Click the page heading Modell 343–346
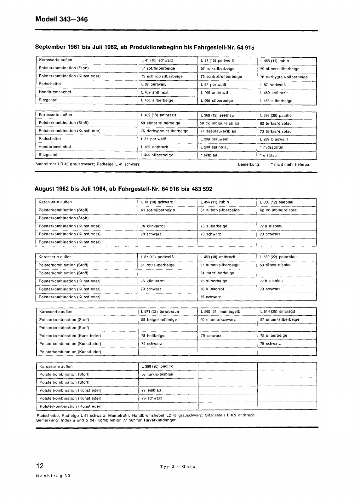pyautogui.click(x=61, y=20)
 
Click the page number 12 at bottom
pyautogui.click(x=40, y=466)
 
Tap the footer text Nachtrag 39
pyautogui.click(x=53, y=476)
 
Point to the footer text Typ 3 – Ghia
pyautogui.click(x=178, y=467)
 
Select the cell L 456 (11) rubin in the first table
pyautogui.click(x=274, y=61)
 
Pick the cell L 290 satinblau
pyautogui.click(x=214, y=147)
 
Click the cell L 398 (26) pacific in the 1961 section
pyautogui.click(x=276, y=115)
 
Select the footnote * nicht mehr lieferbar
pyautogui.click(x=290, y=164)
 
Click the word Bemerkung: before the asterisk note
pyautogui.click(x=249, y=164)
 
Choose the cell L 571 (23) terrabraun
pyautogui.click(x=160, y=312)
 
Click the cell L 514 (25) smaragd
pyautogui.click(x=277, y=312)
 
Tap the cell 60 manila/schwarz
pyautogui.click(x=218, y=319)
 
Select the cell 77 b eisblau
pyautogui.click(x=271, y=281)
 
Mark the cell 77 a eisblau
pyautogui.click(x=271, y=226)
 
